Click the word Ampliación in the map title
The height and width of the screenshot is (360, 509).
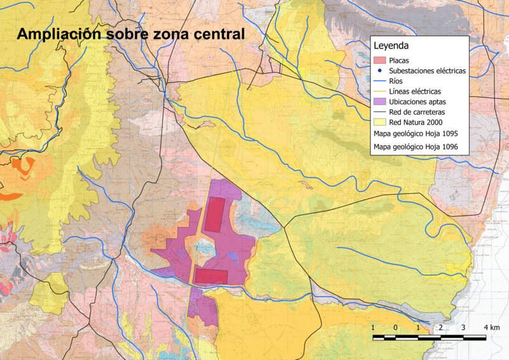[x=59, y=34]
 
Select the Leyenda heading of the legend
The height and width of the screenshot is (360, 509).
[x=391, y=46]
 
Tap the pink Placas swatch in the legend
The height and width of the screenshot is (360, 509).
[x=379, y=60]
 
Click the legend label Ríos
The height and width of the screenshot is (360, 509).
[x=396, y=81]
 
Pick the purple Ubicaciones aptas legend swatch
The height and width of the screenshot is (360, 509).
[x=379, y=102]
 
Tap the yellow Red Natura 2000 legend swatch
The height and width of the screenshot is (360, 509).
[x=379, y=123]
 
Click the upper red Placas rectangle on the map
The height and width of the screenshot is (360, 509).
[x=215, y=214]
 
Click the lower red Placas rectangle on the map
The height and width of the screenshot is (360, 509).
[x=211, y=275]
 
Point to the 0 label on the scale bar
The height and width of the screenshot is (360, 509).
[x=396, y=327]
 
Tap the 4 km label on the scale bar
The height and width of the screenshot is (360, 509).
[x=491, y=327]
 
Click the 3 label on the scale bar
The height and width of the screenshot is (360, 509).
[x=463, y=327]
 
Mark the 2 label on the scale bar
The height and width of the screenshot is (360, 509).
[x=440, y=327]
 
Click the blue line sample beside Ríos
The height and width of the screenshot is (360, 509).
[x=379, y=81]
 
